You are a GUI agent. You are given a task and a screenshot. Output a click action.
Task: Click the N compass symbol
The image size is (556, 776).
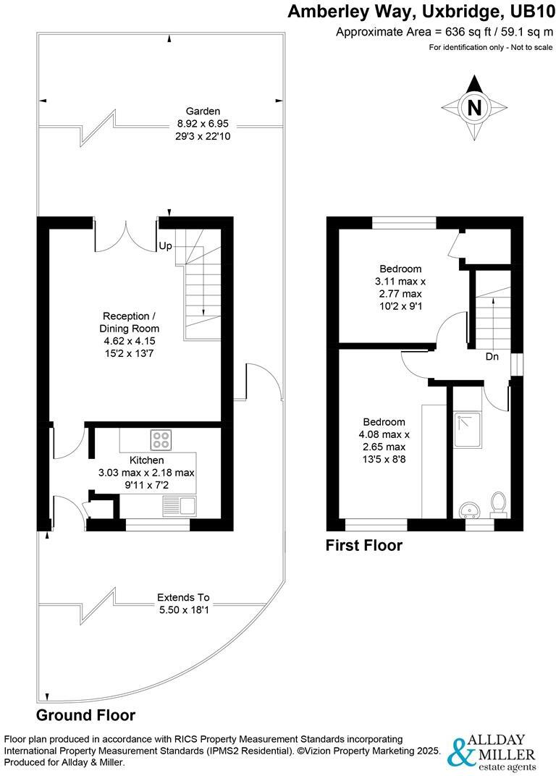tap(474, 108)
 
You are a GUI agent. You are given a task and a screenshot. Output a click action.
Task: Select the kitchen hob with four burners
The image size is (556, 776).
tap(160, 439)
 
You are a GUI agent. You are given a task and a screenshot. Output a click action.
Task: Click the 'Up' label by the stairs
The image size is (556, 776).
tap(165, 246)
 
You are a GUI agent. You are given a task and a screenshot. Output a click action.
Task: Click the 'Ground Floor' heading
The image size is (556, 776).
tap(86, 715)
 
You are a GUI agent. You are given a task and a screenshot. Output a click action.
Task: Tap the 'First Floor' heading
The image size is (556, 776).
tap(363, 545)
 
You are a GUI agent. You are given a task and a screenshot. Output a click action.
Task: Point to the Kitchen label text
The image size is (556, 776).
tap(146, 460)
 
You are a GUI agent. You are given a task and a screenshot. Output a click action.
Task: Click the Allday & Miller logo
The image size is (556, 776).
tap(492, 753)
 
